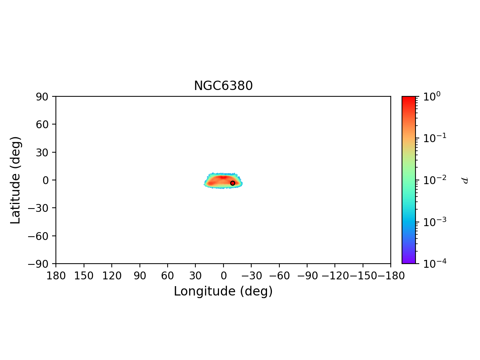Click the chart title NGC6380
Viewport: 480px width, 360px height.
tap(223, 86)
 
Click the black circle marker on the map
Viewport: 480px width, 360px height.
tap(232, 183)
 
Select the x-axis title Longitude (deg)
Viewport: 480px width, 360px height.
tap(223, 291)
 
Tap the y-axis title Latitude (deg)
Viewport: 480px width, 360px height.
tap(15, 180)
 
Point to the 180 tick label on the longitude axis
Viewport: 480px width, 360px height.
tap(56, 276)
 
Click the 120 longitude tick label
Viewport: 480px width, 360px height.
tap(112, 276)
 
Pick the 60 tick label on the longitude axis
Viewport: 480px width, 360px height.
tap(167, 276)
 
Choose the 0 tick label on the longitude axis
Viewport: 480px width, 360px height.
tap(223, 276)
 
